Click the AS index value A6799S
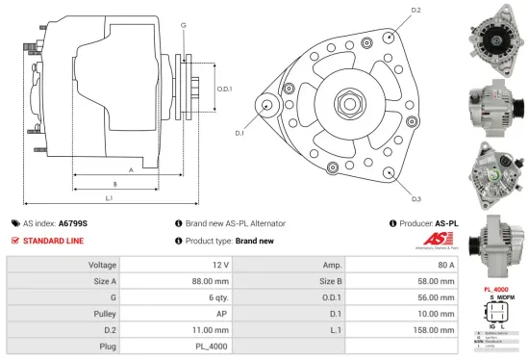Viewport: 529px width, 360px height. coord(73,222)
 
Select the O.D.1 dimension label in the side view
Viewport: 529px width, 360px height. coord(224,89)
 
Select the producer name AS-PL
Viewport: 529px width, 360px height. coord(447,222)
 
